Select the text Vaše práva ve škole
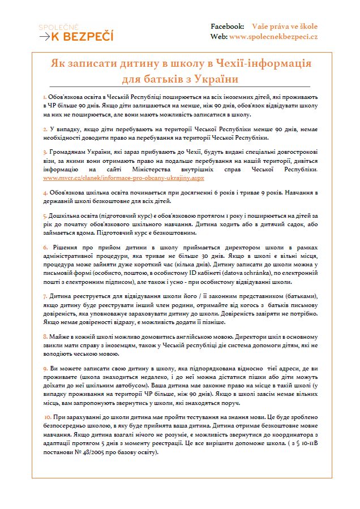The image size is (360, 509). pyautogui.click(x=285, y=27)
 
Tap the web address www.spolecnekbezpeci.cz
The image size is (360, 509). pyautogui.click(x=273, y=36)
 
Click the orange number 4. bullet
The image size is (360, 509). pyautogui.click(x=45, y=193)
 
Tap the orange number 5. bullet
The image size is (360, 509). pyautogui.click(x=45, y=216)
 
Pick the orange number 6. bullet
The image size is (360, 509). pyautogui.click(x=45, y=248)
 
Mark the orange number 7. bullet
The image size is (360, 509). pyautogui.click(x=45, y=296)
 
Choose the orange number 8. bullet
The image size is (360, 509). pyautogui.click(x=45, y=336)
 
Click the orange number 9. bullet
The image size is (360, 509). pyautogui.click(x=45, y=368)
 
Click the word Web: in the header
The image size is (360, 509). pyautogui.click(x=220, y=36)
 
